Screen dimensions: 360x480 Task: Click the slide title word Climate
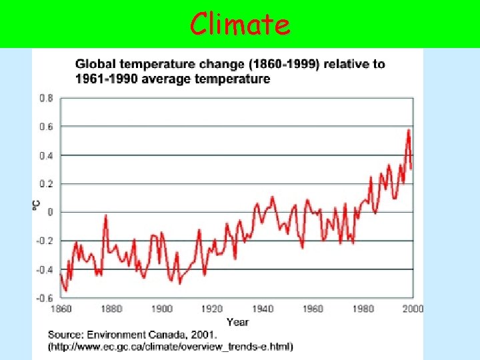pos(240,25)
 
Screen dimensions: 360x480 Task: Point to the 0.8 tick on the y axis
pos(46,98)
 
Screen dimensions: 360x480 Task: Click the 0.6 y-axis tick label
pos(46,127)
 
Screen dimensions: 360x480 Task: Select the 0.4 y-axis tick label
pos(46,155)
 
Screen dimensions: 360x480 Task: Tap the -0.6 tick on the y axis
pos(45,298)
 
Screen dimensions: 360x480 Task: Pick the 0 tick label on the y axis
pos(49,212)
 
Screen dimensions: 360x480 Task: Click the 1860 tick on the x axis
pos(61,309)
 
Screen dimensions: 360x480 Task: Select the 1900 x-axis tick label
pos(162,309)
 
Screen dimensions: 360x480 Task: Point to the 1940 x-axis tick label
pos(263,309)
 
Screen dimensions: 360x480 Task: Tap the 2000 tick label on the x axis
pos(413,309)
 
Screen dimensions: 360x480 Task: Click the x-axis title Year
pos(237,322)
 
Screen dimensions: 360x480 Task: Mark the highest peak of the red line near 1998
pos(408,130)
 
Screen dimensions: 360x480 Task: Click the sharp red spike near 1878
pos(105,216)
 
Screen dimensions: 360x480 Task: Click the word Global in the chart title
pos(95,65)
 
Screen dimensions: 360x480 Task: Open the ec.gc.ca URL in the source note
pos(171,347)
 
